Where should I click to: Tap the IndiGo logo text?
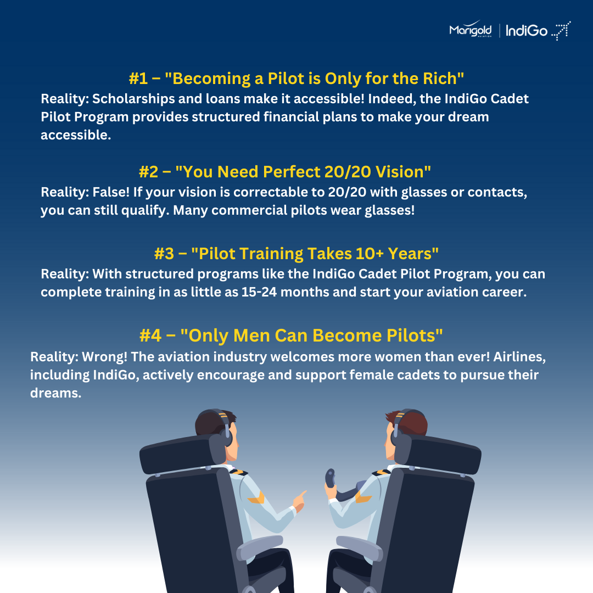527,31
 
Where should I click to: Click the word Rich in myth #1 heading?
439,79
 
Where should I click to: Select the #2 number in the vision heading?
148,172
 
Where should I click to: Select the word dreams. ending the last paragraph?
55,393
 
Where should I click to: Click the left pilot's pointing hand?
300,501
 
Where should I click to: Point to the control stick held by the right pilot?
330,478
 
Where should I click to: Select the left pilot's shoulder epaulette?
239,472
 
